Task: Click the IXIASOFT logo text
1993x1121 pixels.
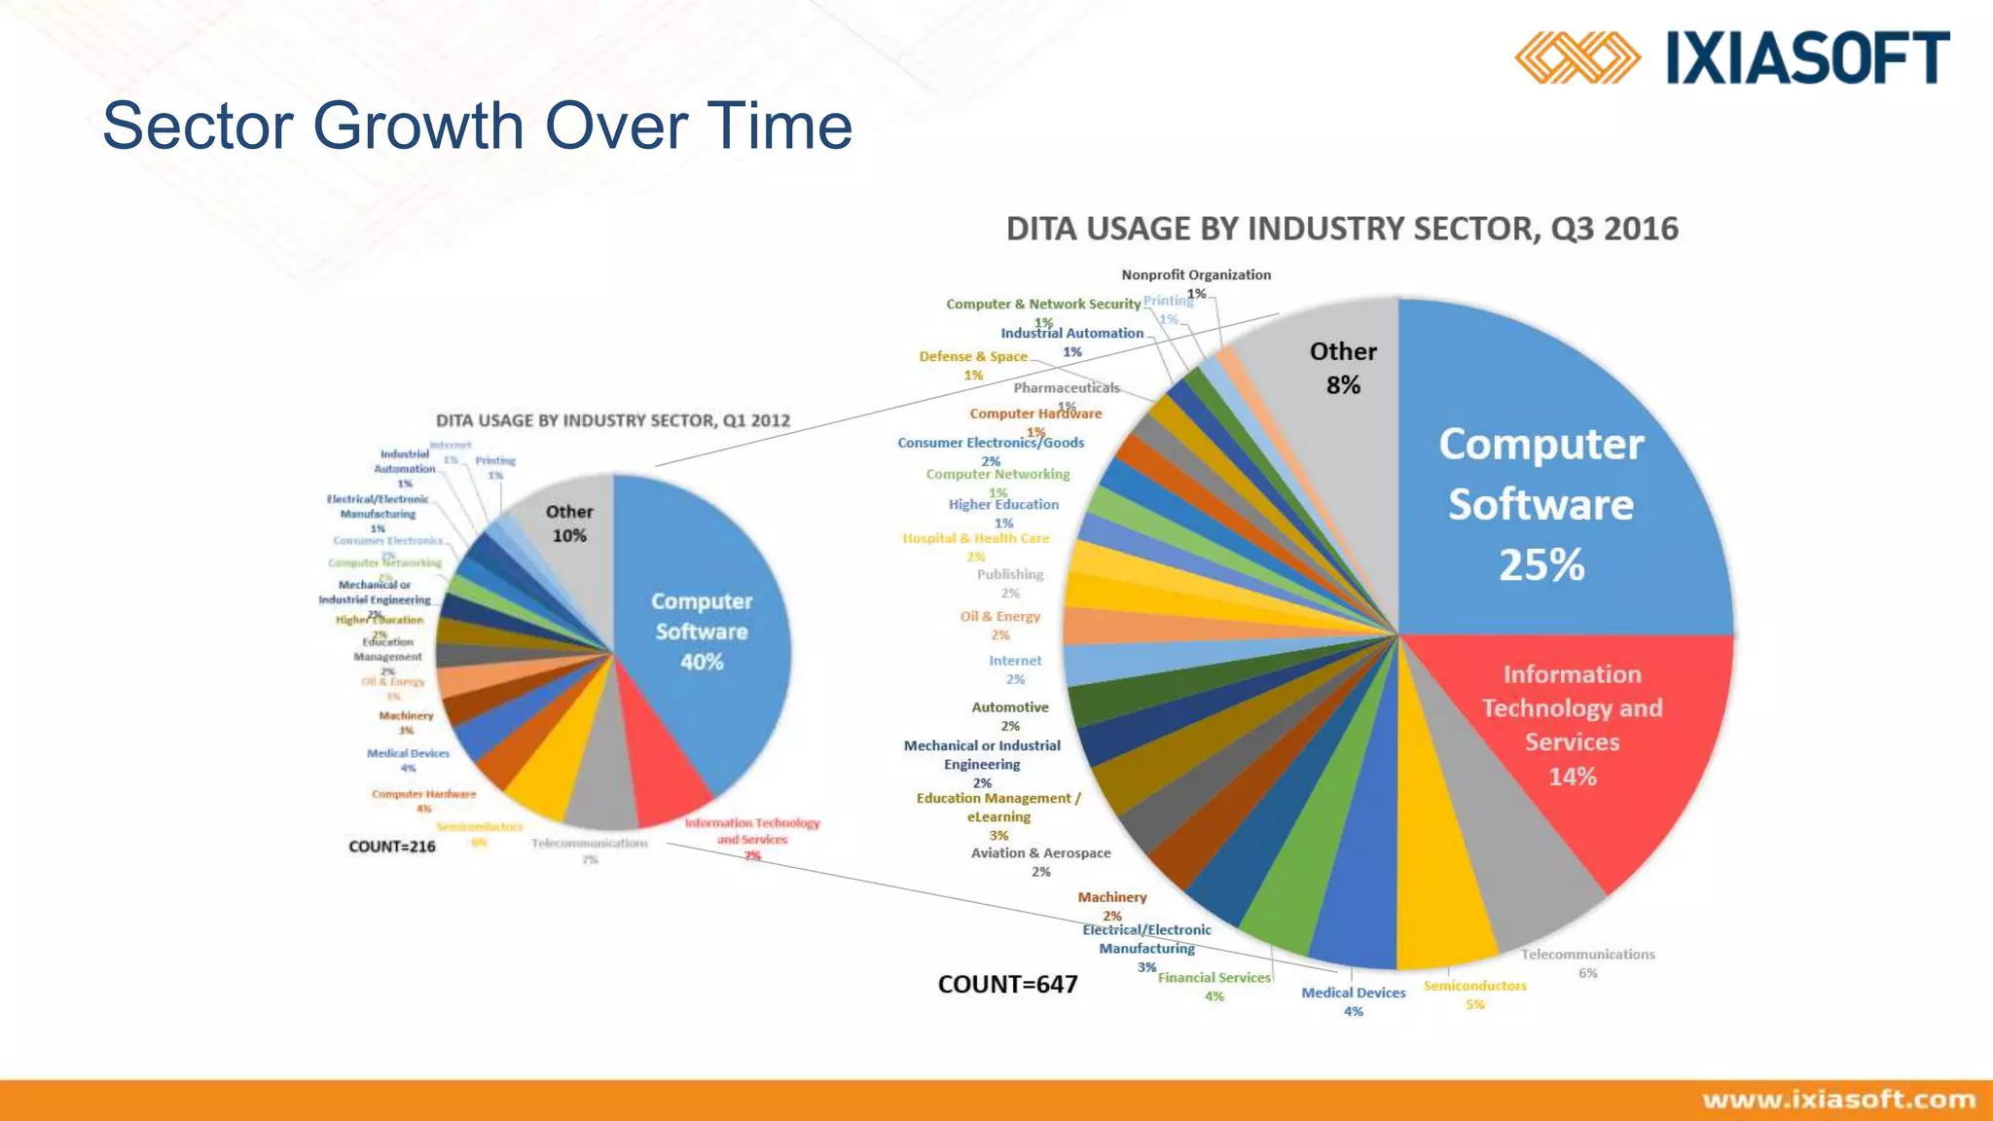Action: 1807,57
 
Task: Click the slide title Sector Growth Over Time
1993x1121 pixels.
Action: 477,126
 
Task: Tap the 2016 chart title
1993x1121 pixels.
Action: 1342,229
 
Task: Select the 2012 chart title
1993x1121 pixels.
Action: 612,420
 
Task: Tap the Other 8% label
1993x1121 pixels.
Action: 1343,368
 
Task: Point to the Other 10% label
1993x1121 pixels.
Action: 569,524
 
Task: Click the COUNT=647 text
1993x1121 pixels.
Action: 1007,985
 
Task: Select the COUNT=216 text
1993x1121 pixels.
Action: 391,847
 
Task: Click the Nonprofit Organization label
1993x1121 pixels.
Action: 1196,275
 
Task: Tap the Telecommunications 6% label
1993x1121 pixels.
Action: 1587,956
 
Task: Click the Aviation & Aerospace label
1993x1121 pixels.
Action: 1040,853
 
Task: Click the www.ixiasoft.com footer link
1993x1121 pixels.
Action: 1838,1100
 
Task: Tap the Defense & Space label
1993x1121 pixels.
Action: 973,357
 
